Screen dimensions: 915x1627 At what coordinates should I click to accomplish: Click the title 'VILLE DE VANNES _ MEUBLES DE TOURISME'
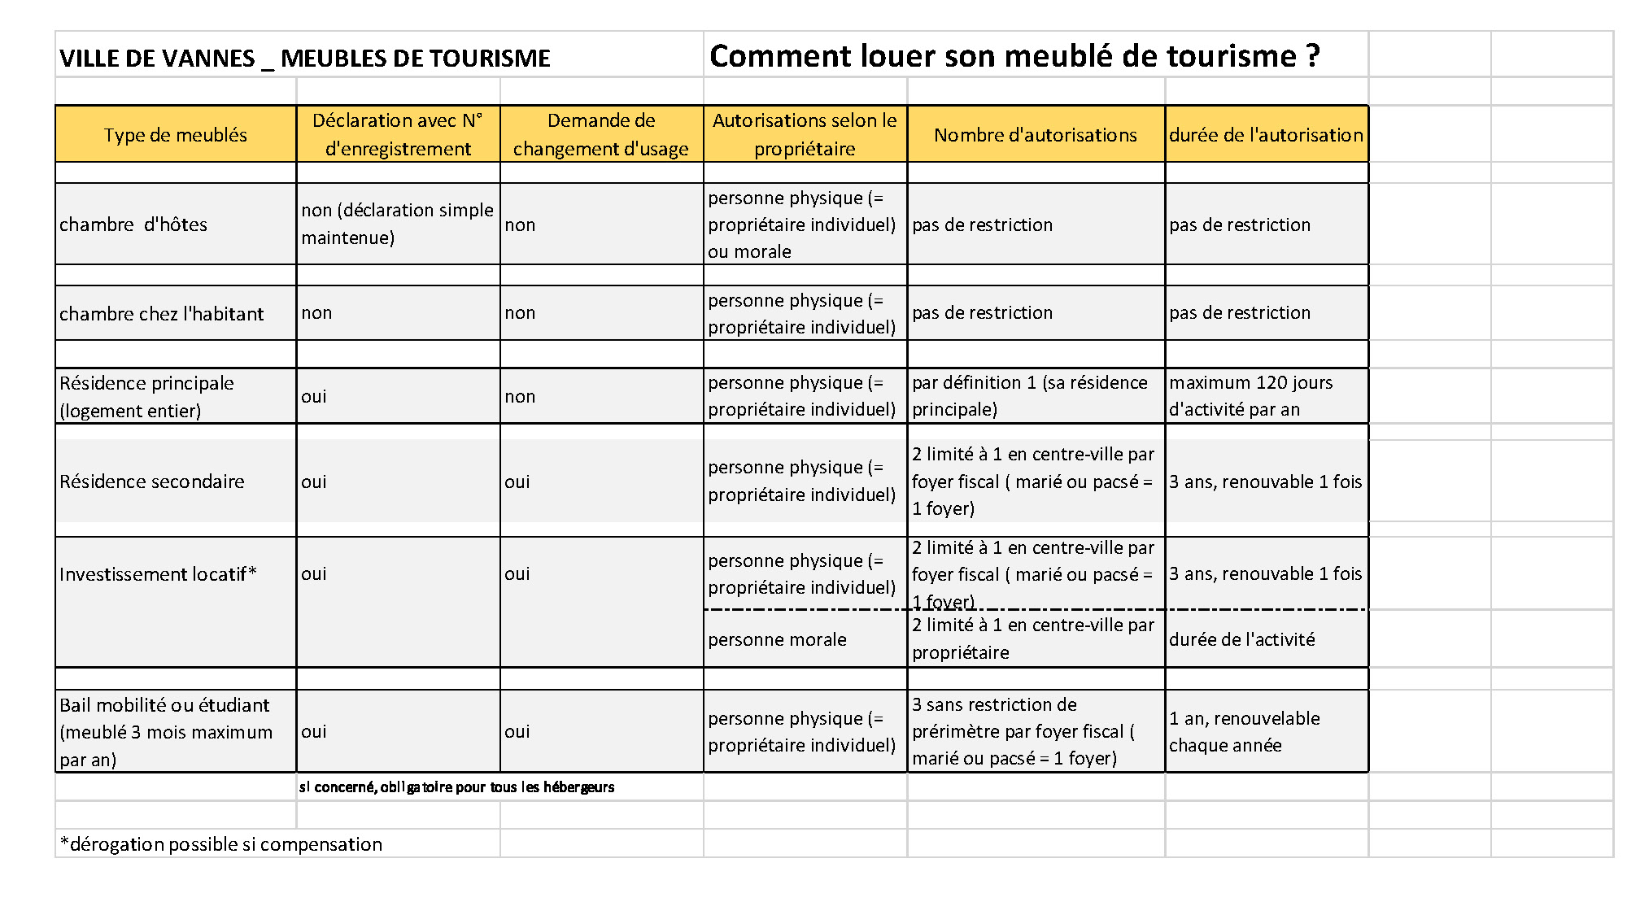pos(305,58)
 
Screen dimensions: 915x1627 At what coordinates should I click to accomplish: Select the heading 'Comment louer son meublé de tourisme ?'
pos(1014,56)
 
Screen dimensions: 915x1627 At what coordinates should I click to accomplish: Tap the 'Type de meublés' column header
pos(175,135)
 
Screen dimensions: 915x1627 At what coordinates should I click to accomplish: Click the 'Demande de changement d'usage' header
pos(600,135)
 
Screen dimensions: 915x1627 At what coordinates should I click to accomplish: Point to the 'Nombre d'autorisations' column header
pos(1035,135)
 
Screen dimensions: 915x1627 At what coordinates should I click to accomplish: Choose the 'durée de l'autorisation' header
pos(1266,135)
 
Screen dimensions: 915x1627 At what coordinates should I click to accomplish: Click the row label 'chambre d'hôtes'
pos(133,224)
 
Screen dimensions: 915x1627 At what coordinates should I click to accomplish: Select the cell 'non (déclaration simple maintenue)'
pos(397,224)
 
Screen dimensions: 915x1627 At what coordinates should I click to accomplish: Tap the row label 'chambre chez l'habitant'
pos(162,313)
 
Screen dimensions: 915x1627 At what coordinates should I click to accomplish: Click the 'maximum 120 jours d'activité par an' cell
pos(1250,396)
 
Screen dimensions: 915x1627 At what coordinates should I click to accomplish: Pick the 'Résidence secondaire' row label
pos(152,481)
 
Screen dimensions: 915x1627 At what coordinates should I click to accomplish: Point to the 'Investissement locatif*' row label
pos(158,574)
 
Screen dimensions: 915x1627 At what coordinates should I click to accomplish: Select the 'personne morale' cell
pos(777,639)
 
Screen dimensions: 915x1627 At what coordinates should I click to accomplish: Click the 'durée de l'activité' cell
pos(1241,639)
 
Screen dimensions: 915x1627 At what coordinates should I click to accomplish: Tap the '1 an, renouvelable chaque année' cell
pos(1244,731)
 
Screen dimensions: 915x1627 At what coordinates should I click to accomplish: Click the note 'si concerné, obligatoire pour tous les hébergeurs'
pos(456,787)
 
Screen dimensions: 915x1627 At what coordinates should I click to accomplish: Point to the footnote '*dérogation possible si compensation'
pos(221,844)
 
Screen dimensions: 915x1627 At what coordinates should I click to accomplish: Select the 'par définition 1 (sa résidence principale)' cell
pos(1029,396)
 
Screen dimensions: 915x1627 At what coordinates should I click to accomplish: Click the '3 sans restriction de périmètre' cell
pos(1023,731)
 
